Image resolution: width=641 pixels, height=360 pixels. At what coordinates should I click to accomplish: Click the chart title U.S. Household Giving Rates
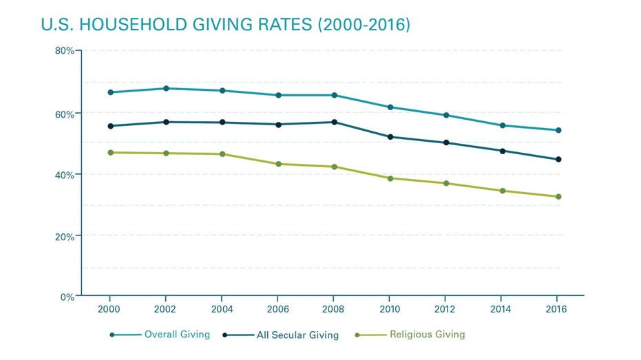225,25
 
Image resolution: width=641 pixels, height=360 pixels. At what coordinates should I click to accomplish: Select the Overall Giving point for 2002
166,88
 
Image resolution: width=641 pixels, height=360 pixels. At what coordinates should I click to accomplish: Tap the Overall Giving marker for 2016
558,130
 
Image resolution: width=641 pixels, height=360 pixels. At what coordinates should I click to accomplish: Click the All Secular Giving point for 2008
335,122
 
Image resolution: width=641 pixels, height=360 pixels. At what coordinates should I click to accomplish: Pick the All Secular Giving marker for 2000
110,126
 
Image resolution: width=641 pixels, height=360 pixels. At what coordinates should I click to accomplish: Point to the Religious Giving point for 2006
278,164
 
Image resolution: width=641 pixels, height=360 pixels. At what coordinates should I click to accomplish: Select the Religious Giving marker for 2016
558,197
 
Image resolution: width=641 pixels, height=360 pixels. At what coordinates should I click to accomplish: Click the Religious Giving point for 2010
390,178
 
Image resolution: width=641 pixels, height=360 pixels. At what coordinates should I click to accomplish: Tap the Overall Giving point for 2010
390,107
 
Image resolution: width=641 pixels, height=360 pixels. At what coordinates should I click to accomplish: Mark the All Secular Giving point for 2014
503,151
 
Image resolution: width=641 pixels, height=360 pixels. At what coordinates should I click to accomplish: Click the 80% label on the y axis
65,51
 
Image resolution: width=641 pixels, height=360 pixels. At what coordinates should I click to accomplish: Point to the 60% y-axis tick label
65,114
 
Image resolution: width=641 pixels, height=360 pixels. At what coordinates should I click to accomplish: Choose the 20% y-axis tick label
65,236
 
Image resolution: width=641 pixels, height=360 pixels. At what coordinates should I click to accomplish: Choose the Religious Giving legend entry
427,335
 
